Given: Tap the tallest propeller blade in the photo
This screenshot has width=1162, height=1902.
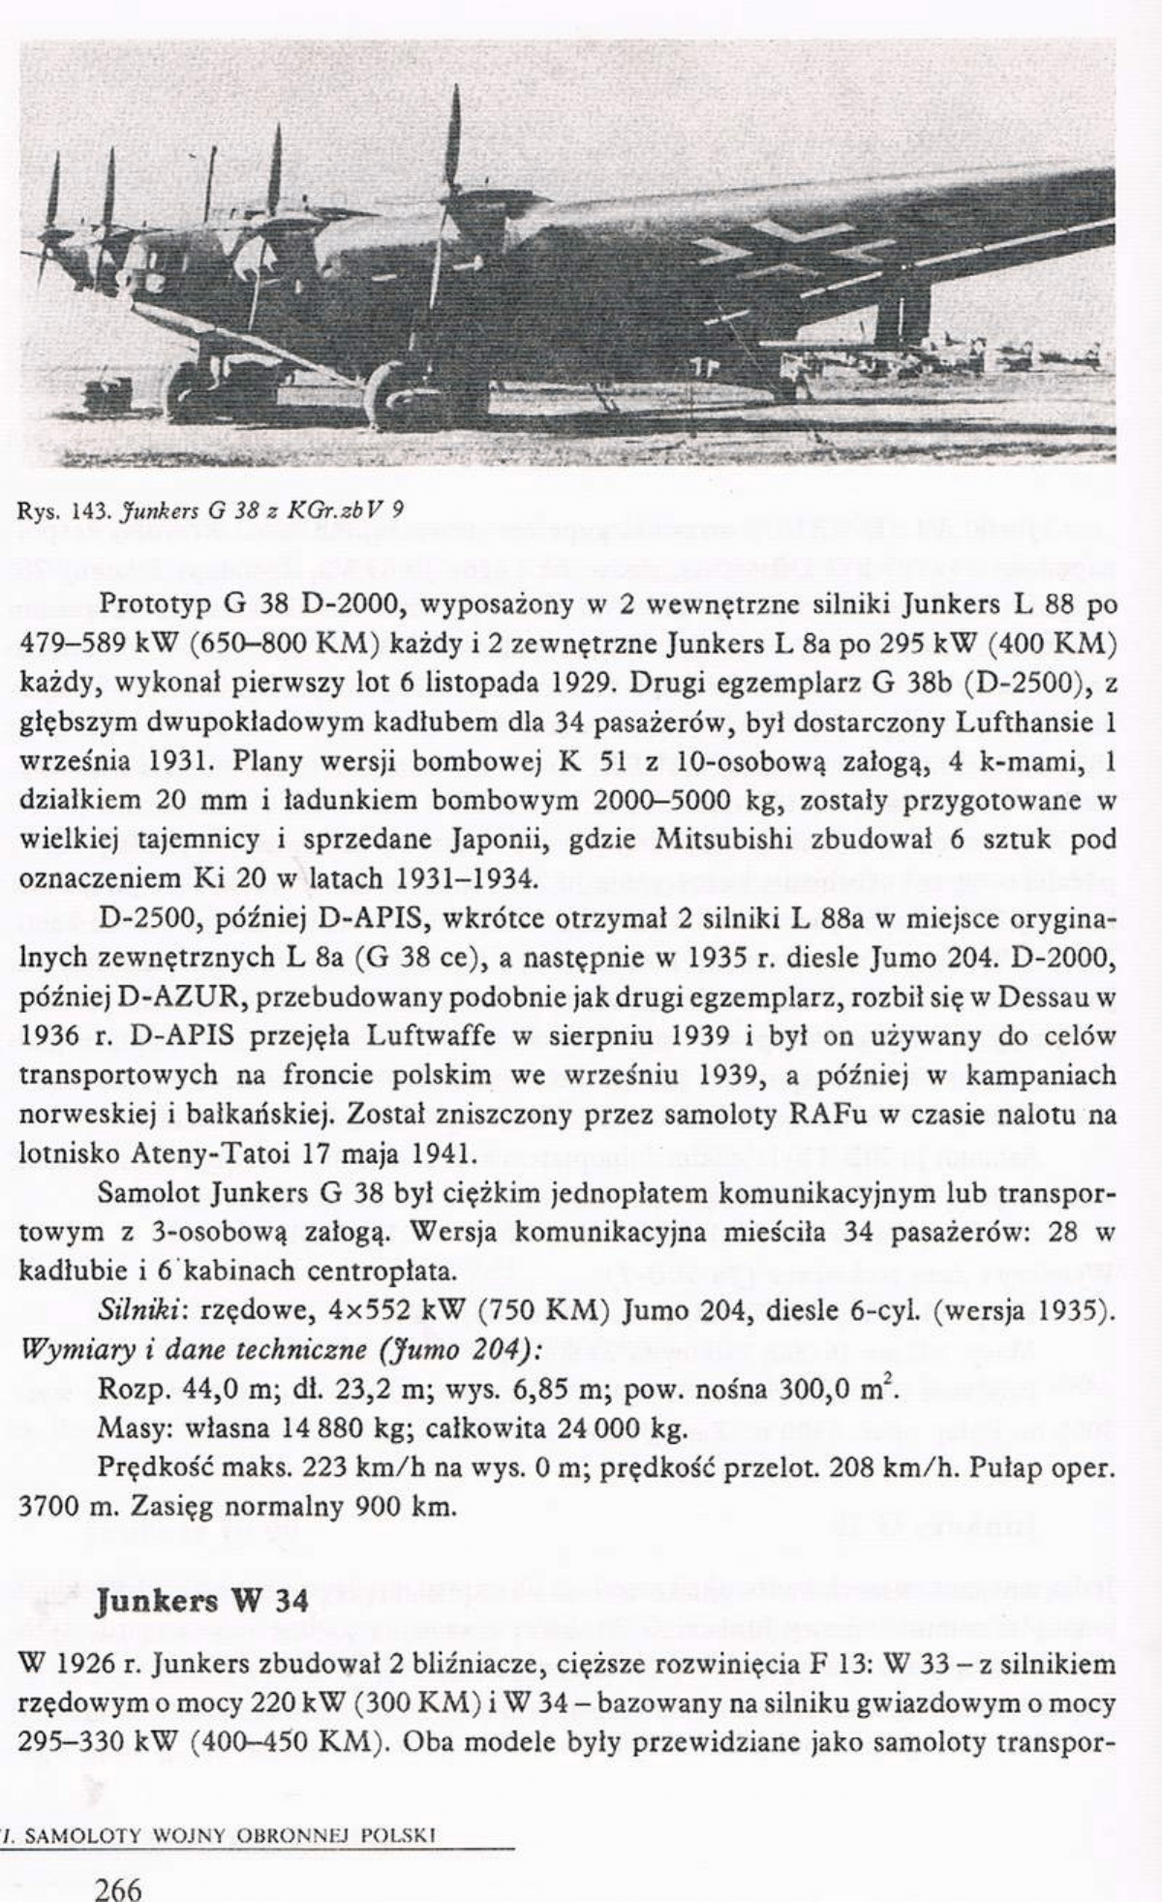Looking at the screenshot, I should point(452,136).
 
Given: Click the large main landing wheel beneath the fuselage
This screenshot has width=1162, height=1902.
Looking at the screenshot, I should point(393,395).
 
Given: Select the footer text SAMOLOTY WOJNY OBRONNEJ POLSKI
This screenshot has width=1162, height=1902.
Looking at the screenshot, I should point(227,1833).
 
